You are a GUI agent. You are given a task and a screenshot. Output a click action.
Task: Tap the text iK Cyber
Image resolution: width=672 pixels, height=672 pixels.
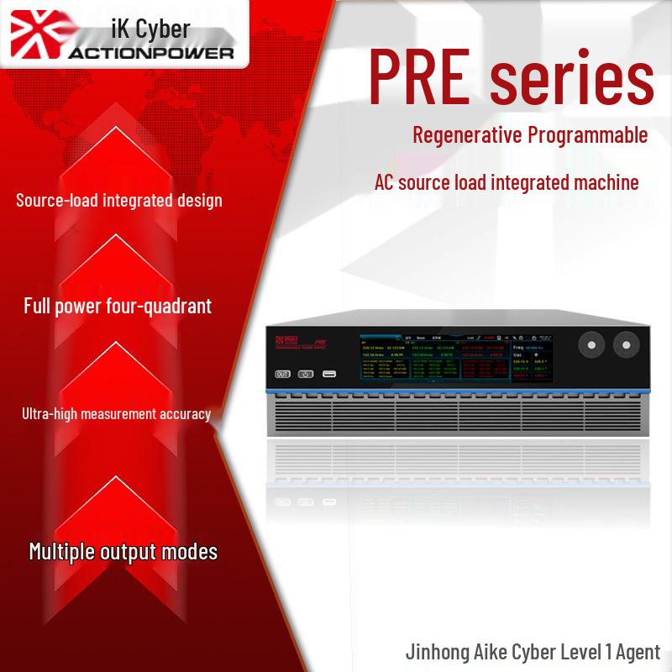(x=149, y=29)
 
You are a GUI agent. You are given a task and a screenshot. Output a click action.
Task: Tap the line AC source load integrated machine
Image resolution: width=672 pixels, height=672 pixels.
(x=507, y=181)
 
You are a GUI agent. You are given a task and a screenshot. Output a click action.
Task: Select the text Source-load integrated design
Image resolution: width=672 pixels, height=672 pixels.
(x=119, y=201)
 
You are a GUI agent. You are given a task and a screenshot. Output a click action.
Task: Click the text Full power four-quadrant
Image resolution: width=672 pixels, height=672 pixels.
(x=118, y=306)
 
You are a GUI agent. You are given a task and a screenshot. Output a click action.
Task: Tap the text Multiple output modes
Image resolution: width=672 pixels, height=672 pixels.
(x=123, y=552)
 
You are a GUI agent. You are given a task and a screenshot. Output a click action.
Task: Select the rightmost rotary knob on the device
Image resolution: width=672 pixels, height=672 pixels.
(x=627, y=344)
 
